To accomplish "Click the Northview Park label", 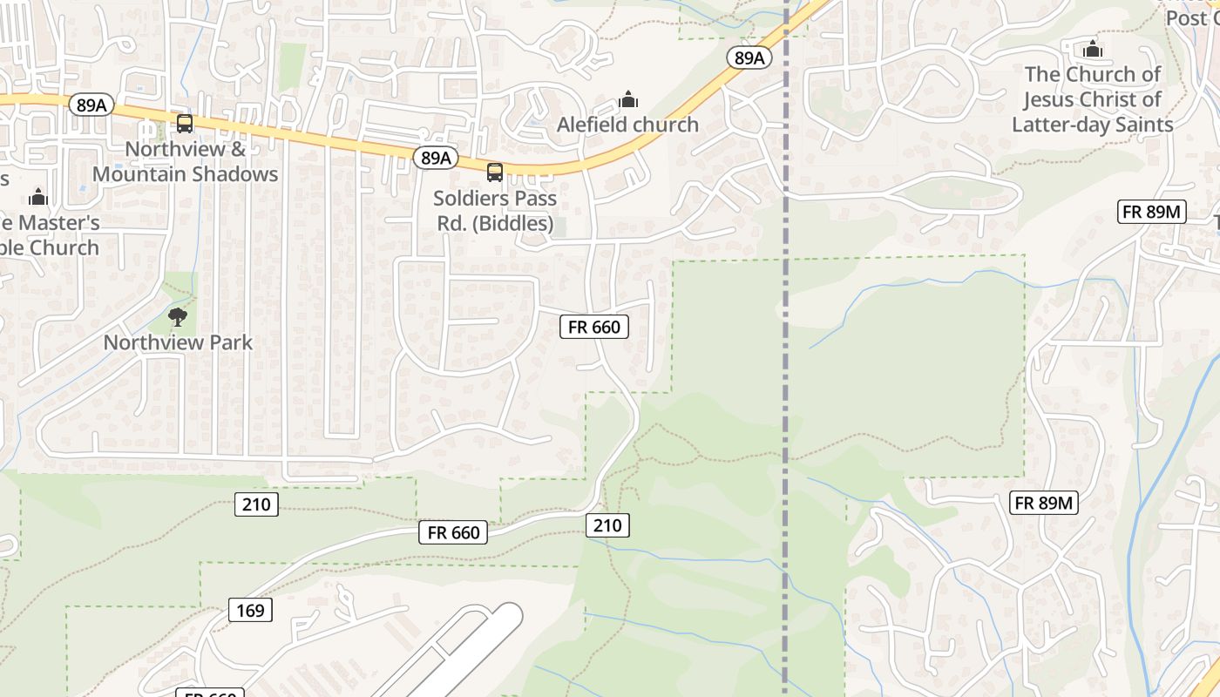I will click(x=178, y=342).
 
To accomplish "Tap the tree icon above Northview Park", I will click(x=178, y=316).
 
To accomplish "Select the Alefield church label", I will click(x=627, y=125).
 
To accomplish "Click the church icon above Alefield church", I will click(x=627, y=99).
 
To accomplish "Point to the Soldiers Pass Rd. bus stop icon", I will click(x=495, y=172).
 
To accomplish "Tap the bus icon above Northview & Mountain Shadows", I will click(x=185, y=124).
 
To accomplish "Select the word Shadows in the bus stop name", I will click(x=234, y=174).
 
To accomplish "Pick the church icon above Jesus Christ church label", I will click(x=1093, y=49).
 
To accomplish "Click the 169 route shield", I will click(x=250, y=610).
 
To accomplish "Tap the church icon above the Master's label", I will click(x=37, y=197).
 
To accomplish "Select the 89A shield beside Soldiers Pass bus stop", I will click(x=435, y=158).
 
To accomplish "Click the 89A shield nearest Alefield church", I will click(x=749, y=58).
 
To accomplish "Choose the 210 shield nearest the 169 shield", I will click(x=256, y=504).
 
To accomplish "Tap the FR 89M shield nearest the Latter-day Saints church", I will click(x=1152, y=212).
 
